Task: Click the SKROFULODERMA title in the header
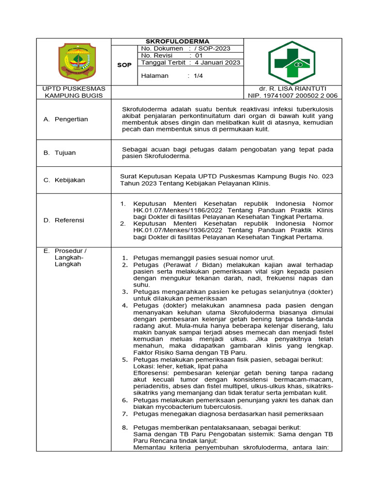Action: pos(177,42)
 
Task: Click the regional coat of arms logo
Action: pos(74,63)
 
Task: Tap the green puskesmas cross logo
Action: pos(292,62)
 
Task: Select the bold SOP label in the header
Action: pos(124,65)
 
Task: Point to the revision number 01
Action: pos(199,56)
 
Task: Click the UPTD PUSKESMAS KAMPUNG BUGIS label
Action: pos(74,92)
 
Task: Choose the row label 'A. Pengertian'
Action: pos(66,119)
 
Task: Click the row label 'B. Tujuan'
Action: pos(60,153)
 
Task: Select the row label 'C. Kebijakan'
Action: pos(64,180)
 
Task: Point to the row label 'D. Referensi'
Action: pos(64,220)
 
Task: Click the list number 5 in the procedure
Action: pos(124,360)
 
